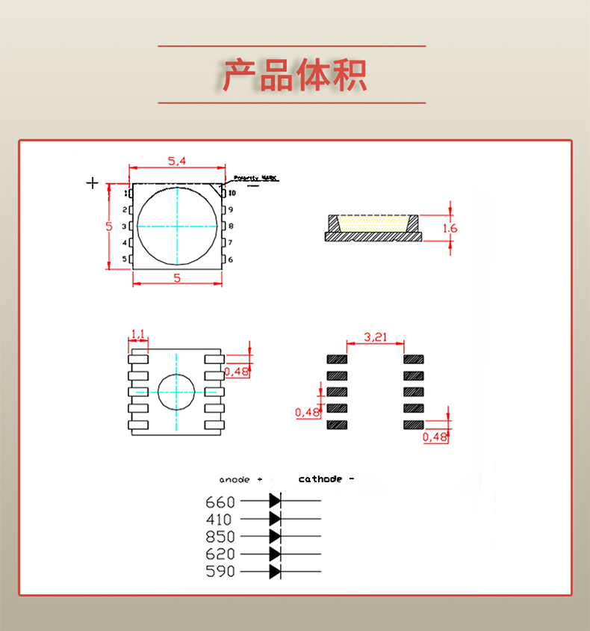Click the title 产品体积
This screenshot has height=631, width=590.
click(x=294, y=75)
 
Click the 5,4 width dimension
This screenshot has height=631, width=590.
click(x=177, y=161)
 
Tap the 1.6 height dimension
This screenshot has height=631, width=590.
click(x=450, y=228)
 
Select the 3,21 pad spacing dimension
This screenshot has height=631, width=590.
click(x=375, y=337)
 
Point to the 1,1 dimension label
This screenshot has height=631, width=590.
click(x=138, y=333)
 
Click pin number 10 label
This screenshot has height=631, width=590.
click(x=232, y=194)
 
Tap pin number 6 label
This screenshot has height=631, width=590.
click(x=231, y=259)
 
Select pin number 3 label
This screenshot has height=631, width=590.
click(x=125, y=226)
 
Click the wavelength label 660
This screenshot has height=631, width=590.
click(x=220, y=502)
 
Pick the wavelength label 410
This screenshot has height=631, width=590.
click(x=220, y=519)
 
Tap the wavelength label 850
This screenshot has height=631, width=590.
click(x=220, y=537)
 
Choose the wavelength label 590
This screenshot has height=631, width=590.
click(x=220, y=571)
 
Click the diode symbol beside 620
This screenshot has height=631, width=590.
click(x=275, y=554)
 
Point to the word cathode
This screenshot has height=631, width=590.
click(x=320, y=478)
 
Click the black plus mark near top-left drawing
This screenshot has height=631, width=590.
click(x=93, y=182)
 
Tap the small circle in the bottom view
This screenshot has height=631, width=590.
click(x=176, y=391)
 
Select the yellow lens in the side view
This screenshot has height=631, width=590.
click(x=373, y=223)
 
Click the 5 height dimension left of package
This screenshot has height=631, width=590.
click(x=108, y=226)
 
